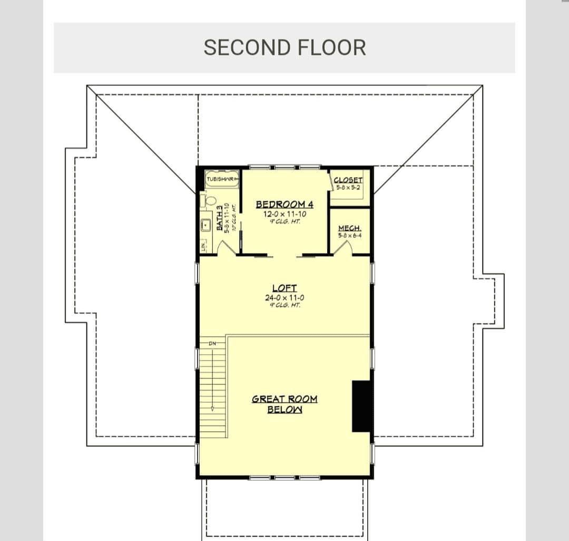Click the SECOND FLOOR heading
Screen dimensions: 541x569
coord(284,47)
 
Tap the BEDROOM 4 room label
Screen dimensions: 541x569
coord(284,204)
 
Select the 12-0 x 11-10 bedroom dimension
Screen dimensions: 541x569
coord(284,214)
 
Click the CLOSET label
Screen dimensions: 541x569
coord(348,180)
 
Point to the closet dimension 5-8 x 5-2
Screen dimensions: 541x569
coord(348,187)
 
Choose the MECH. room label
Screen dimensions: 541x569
coord(349,228)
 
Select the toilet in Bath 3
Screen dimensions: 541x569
coord(210,201)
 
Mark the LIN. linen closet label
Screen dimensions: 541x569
coord(203,245)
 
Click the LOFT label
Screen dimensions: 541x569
coord(284,288)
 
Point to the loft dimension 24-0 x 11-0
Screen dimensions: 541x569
coord(284,297)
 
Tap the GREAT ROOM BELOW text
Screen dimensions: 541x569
coord(284,404)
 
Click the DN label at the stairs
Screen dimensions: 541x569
coord(213,344)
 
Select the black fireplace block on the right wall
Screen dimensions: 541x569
coord(361,405)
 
